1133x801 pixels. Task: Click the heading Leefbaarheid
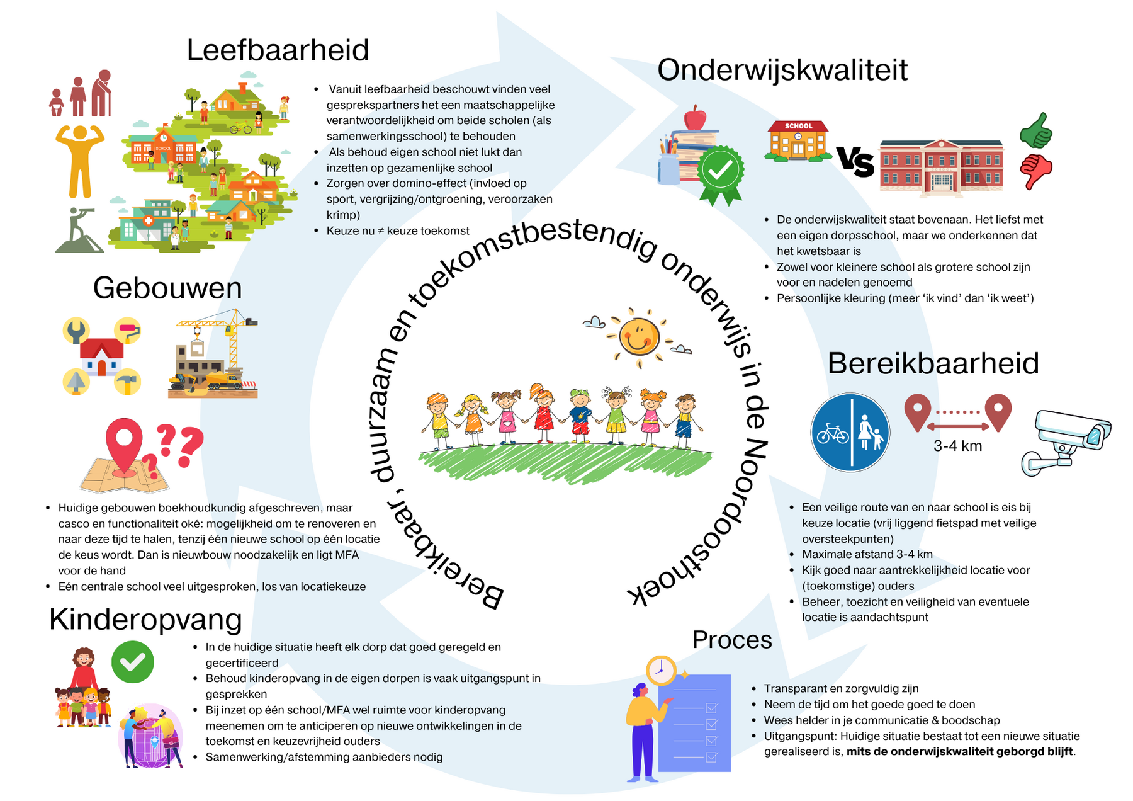[278, 50]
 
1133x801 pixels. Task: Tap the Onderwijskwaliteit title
[782, 70]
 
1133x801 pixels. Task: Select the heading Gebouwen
[167, 288]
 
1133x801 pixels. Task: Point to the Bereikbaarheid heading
[933, 363]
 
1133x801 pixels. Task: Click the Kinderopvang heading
[145, 620]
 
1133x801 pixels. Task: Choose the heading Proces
[732, 640]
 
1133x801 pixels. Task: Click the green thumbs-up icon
[1035, 131]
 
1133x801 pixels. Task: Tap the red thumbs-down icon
[1035, 170]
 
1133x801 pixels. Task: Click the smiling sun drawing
[638, 336]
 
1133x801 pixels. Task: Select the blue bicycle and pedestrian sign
[850, 433]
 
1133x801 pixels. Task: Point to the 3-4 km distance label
[957, 446]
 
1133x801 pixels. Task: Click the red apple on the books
[695, 118]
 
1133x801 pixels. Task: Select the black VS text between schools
[855, 162]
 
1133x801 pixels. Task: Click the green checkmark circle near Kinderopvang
[132, 662]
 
